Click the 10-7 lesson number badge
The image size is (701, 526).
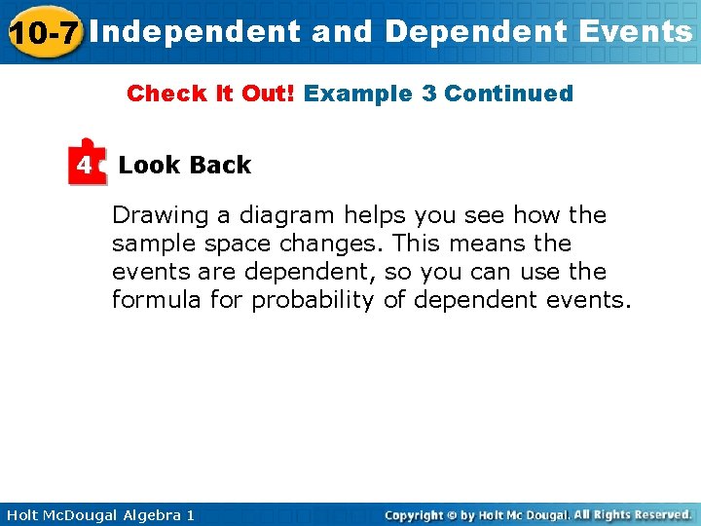(x=44, y=32)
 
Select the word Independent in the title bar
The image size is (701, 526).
(x=201, y=31)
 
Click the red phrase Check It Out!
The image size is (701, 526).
(x=211, y=94)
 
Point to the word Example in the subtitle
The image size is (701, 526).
(x=358, y=94)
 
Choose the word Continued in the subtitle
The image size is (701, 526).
(x=508, y=94)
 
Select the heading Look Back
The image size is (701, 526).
(x=184, y=165)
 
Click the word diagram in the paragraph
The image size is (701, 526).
(x=285, y=215)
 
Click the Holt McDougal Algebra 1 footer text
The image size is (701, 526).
(x=98, y=514)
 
